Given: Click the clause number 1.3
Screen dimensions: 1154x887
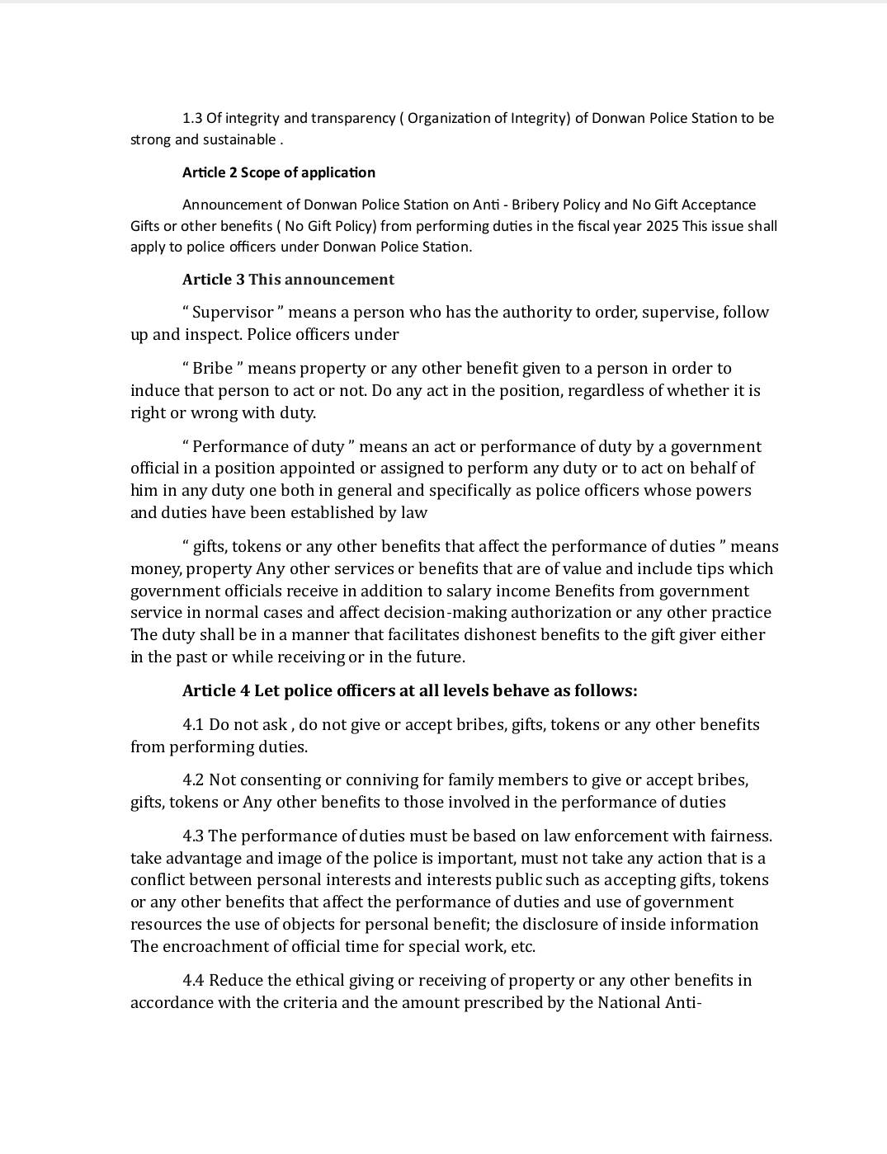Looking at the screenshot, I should (192, 118).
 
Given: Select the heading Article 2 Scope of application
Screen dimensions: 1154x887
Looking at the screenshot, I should (278, 172).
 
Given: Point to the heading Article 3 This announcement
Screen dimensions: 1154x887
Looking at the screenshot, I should (288, 280).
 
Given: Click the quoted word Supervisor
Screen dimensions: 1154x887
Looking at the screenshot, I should (233, 313).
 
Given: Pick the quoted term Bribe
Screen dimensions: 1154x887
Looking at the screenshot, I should (212, 369).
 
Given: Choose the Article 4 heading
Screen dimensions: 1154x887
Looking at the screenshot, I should (409, 691).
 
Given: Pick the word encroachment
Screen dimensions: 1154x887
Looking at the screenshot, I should (207, 947).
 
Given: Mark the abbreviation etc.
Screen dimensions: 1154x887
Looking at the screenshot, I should (523, 947).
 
